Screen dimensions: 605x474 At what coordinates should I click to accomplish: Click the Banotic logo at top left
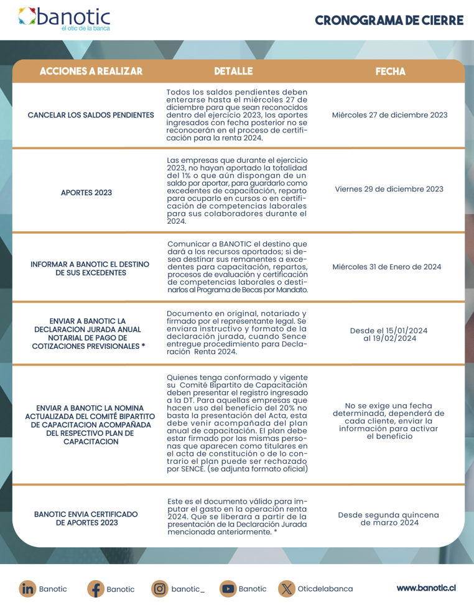[x=64, y=19]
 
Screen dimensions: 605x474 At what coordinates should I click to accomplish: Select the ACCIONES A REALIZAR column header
[x=91, y=71]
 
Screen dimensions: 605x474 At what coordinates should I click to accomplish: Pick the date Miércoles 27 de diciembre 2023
[x=390, y=115]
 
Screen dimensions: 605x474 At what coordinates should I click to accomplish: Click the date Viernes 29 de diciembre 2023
[x=389, y=189]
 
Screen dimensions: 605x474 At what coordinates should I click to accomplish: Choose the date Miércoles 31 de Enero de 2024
[x=388, y=267]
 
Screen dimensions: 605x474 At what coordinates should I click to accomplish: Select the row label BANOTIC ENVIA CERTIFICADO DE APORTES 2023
[x=86, y=519]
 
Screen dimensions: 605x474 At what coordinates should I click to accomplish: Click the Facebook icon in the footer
[x=95, y=588]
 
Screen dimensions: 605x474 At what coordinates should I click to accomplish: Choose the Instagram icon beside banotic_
[x=159, y=588]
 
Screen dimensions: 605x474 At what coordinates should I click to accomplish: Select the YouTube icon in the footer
[x=228, y=588]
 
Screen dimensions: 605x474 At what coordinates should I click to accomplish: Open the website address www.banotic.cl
[x=427, y=588]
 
